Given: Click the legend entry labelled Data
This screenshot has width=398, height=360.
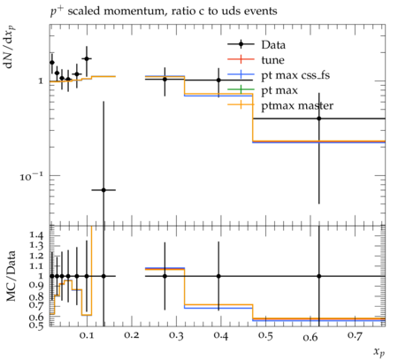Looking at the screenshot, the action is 273,45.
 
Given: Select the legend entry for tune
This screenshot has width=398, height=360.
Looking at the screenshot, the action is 272,60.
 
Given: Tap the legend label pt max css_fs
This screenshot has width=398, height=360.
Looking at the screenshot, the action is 295,75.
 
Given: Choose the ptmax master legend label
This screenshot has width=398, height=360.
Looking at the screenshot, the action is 297,105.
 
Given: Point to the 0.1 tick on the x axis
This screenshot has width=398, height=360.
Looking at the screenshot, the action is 87,335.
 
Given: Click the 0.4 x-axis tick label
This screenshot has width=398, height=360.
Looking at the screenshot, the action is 220,335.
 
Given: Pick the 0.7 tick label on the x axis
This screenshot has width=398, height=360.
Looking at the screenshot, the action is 355,335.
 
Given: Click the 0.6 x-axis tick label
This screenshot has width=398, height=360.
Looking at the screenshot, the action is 310,336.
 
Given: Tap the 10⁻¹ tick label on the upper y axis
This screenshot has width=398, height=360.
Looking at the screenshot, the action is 31,176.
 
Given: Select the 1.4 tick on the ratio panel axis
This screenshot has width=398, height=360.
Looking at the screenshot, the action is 36,235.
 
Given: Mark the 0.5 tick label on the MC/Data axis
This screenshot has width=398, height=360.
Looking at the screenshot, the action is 36,326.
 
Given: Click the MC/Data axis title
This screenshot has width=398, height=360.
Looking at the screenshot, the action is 11,276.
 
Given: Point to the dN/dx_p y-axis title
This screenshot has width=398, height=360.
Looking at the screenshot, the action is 10,47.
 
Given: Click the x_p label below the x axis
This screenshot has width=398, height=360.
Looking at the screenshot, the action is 379,352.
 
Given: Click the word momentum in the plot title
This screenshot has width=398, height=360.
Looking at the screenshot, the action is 134,11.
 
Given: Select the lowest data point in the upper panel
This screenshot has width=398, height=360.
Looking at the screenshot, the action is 103,190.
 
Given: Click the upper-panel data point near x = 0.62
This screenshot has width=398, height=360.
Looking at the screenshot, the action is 319,119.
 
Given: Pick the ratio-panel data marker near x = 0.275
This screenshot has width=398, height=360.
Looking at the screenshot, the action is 165,276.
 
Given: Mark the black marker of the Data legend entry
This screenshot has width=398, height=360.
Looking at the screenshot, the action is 241,44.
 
